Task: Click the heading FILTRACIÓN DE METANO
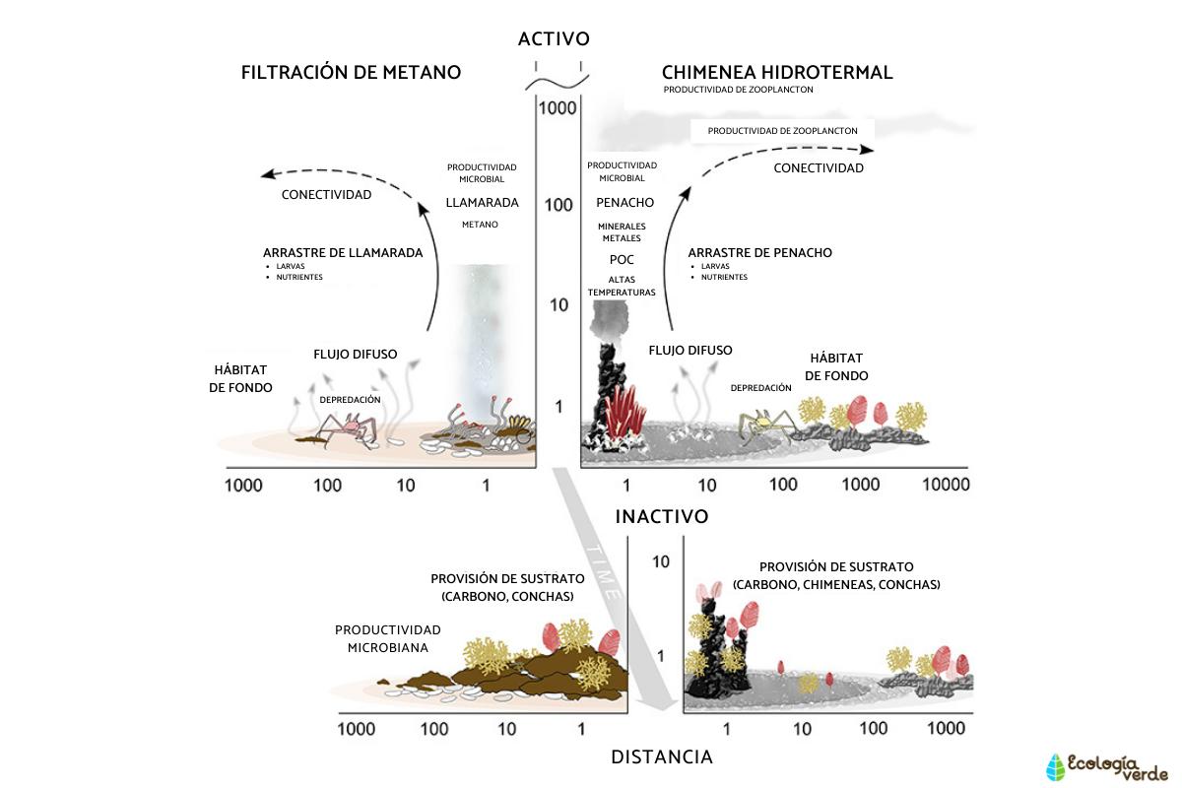tap(351, 73)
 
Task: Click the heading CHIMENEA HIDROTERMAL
tap(777, 73)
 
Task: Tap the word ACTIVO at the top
tap(554, 39)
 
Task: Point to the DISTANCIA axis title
tap(662, 757)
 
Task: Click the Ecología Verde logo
tap(1105, 766)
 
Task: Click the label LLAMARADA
tap(482, 203)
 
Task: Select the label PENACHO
tap(624, 203)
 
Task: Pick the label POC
tap(622, 260)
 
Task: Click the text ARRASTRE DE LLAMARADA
tap(343, 253)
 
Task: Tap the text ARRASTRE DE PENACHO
tap(759, 253)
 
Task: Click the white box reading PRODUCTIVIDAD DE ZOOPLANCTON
tap(782, 130)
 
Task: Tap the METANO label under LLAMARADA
tap(480, 225)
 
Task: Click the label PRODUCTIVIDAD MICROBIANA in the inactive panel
tap(387, 638)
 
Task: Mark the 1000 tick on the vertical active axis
tap(557, 108)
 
